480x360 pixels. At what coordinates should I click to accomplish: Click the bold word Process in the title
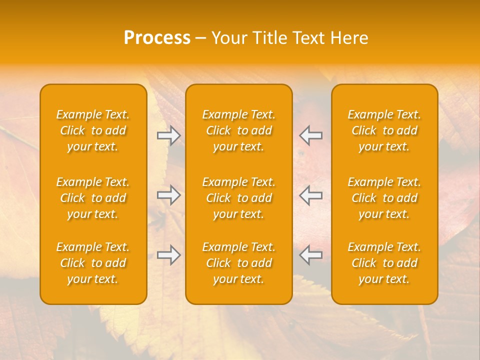tap(157, 38)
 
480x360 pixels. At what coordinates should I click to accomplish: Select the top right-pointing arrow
tap(169, 135)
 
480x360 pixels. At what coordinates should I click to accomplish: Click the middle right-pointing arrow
tap(169, 195)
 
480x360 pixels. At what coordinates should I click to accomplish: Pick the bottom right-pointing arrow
tap(169, 255)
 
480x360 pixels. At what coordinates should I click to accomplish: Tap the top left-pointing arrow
tap(311, 135)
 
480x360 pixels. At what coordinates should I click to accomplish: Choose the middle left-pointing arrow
tap(311, 195)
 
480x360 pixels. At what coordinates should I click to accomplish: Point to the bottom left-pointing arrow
tap(311, 255)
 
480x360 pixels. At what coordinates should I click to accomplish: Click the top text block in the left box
tap(93, 130)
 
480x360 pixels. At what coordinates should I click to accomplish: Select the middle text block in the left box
tap(93, 198)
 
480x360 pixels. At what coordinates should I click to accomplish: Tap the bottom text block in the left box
tap(93, 263)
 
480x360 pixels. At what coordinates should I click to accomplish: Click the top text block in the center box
tap(239, 130)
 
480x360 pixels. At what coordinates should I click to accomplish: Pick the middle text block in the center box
tap(239, 198)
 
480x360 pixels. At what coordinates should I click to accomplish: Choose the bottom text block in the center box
tap(239, 263)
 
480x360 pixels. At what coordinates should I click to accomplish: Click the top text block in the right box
tap(384, 130)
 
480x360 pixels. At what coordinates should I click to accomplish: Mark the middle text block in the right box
tap(384, 198)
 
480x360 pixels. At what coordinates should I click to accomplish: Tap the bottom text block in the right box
tap(384, 263)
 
